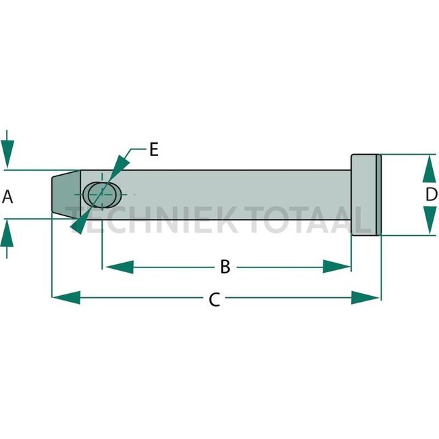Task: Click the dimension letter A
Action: coord(8,197)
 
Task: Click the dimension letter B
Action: coord(225,267)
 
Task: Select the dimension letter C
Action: coord(214,299)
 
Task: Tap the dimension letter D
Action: coord(431,195)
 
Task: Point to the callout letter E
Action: coord(153,150)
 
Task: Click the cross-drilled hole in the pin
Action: coord(102,194)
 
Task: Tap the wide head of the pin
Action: coord(365,195)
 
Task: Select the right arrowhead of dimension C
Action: coord(367,297)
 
